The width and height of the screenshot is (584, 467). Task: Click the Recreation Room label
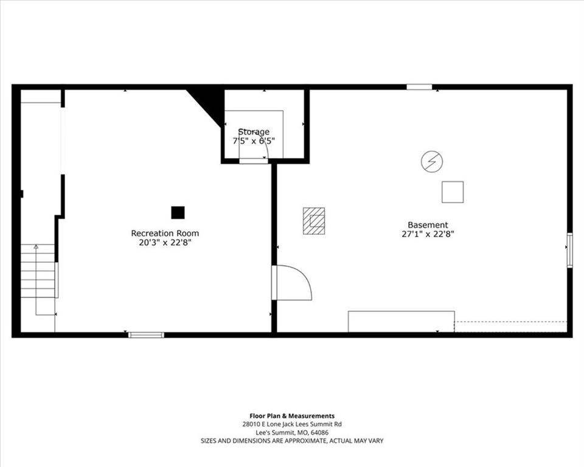point(165,233)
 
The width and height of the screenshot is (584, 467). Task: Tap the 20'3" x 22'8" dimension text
point(165,243)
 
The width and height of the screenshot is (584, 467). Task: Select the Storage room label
point(254,132)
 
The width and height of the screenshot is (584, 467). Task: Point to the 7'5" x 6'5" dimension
point(254,141)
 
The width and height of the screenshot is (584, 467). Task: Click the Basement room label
point(428,225)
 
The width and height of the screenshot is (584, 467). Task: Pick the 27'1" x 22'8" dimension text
point(428,234)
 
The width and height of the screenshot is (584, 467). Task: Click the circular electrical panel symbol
point(432,162)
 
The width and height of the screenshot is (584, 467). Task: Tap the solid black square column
point(178,213)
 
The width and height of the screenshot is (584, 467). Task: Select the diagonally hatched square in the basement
point(314,221)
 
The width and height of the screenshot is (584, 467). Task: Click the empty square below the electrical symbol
point(453,192)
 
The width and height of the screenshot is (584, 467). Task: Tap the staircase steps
point(38,271)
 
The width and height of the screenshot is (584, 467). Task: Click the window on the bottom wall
point(146,335)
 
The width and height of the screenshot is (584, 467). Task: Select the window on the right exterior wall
point(570,250)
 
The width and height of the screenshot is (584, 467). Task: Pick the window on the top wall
point(419,87)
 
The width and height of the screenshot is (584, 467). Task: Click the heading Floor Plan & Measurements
point(292,416)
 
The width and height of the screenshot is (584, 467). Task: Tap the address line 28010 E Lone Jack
point(292,424)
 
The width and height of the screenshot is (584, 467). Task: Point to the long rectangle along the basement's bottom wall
point(401,322)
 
